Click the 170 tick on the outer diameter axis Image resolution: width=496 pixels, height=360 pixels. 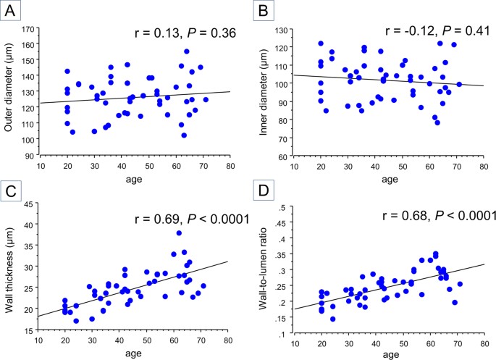(x=29, y=30)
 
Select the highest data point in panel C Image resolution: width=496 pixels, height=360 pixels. (x=179, y=233)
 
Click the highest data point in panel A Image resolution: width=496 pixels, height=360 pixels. (x=187, y=51)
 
